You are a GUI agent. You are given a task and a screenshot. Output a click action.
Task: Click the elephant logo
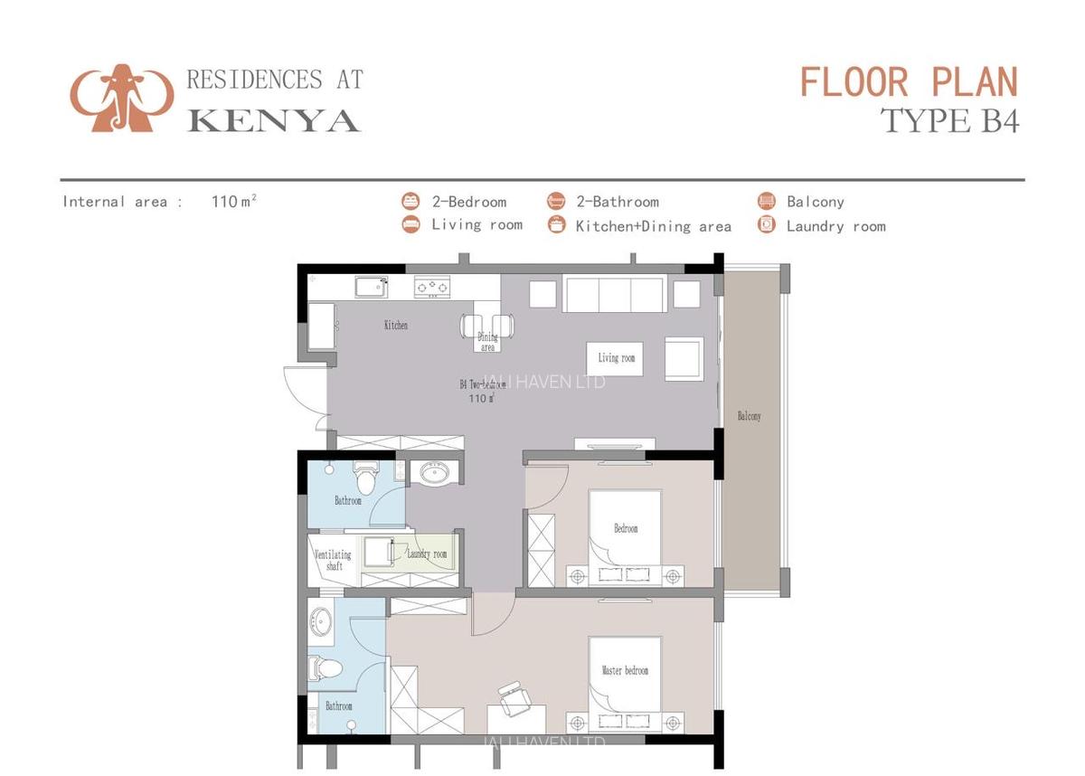(121, 98)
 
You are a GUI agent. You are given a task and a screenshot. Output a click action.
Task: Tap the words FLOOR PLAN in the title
(909, 82)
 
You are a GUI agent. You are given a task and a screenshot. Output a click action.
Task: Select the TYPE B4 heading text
(949, 120)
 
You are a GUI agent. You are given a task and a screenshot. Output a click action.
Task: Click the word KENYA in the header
(273, 120)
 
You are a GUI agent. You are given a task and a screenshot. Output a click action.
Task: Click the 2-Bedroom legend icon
(410, 201)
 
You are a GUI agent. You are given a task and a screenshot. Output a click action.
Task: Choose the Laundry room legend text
(835, 226)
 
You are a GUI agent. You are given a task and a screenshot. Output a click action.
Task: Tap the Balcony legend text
(815, 202)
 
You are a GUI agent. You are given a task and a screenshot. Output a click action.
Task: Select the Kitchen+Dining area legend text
(653, 226)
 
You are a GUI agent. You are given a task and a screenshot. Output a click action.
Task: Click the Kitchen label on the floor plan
(395, 325)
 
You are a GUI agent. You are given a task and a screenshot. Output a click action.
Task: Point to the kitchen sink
(372, 287)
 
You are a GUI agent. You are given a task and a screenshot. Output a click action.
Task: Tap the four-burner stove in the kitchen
(432, 288)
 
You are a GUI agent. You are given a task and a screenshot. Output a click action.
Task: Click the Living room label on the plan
(616, 358)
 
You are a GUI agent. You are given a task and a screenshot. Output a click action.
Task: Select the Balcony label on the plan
(749, 416)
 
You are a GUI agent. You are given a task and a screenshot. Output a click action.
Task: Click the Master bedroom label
(625, 670)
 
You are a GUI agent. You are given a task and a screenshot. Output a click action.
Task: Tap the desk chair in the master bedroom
(514, 697)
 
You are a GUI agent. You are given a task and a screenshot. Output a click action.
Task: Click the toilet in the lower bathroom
(325, 668)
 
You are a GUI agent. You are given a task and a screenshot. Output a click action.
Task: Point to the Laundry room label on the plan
(426, 554)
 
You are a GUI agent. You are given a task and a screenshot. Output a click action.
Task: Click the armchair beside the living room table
(684, 359)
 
